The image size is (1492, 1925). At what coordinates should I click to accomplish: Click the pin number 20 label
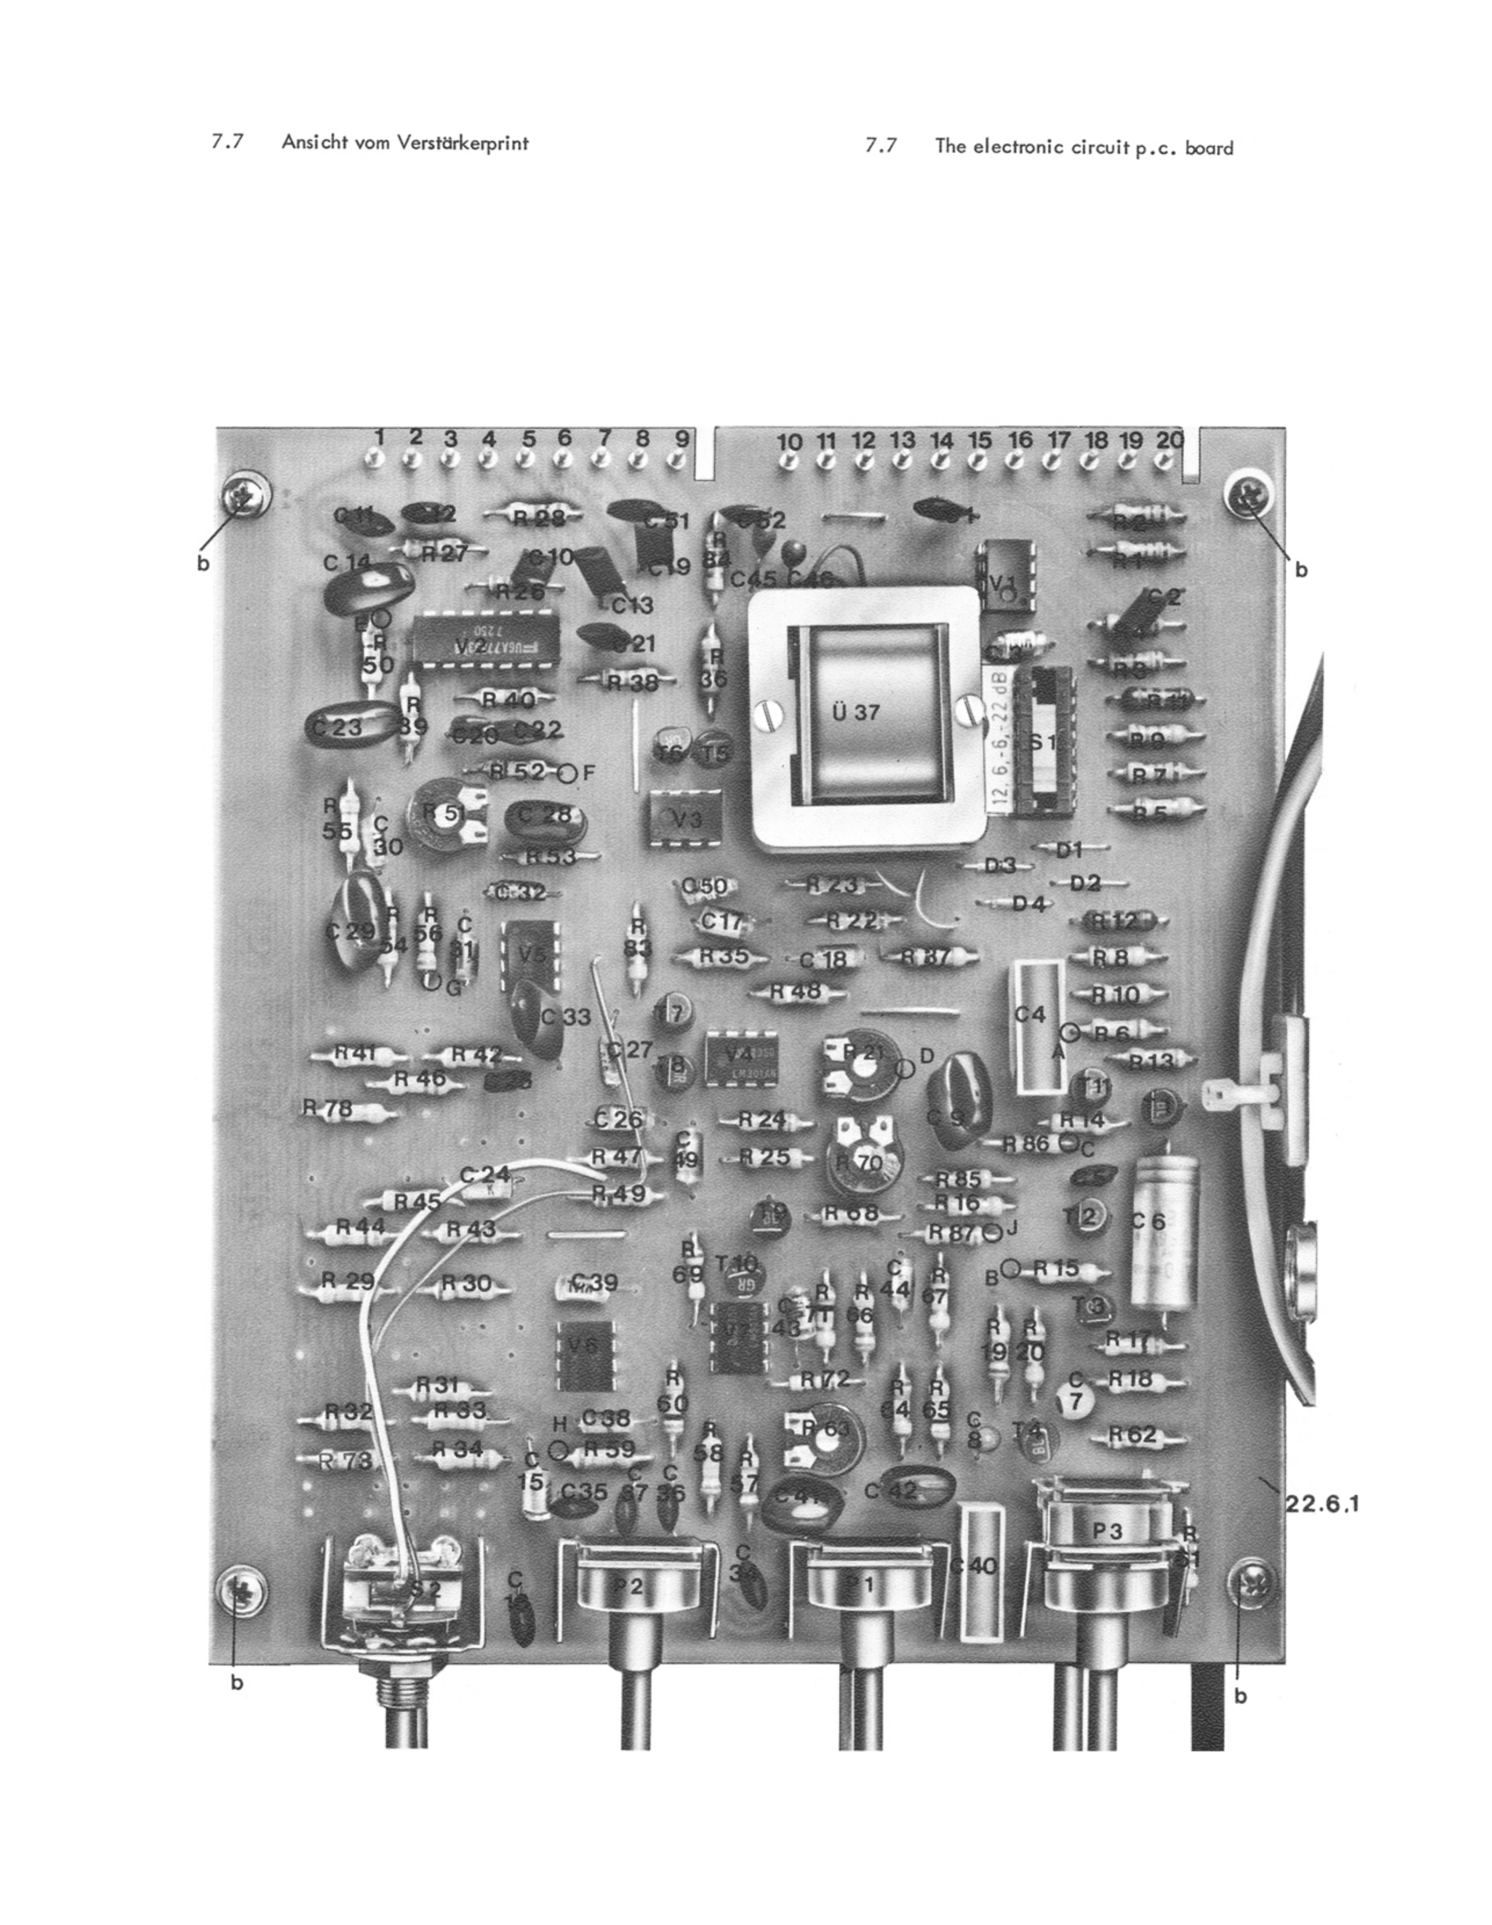1169,439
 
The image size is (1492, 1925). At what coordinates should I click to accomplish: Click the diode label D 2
1087,882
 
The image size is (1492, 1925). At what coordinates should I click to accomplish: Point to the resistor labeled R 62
1138,1436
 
